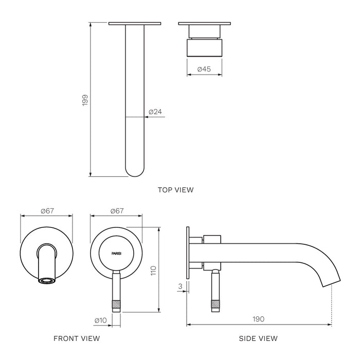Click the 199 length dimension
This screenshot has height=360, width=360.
[x=85, y=100]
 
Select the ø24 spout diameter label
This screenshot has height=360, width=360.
[x=156, y=112]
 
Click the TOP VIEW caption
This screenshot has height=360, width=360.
[x=176, y=190]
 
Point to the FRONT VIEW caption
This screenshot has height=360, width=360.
[x=77, y=338]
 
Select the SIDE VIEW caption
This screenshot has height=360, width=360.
[x=258, y=338]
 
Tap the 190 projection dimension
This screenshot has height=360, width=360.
[x=258, y=319]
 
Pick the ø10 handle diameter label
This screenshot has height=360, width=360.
[x=101, y=320]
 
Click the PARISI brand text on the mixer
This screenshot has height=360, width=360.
[x=116, y=254]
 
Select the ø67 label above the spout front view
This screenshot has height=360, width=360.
[x=46, y=211]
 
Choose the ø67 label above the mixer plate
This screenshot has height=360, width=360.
[x=116, y=211]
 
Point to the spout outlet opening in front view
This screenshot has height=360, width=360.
[x=46, y=281]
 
